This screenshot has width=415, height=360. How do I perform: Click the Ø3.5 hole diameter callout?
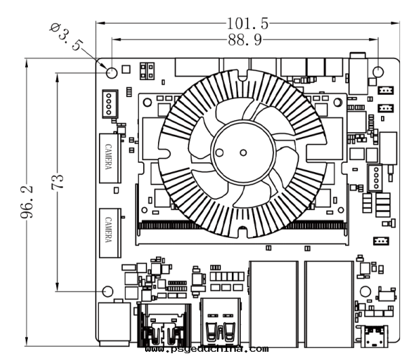click(67, 37)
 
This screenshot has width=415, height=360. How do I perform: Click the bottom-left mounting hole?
click(106, 291)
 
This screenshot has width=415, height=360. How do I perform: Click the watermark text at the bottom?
click(206, 351)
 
